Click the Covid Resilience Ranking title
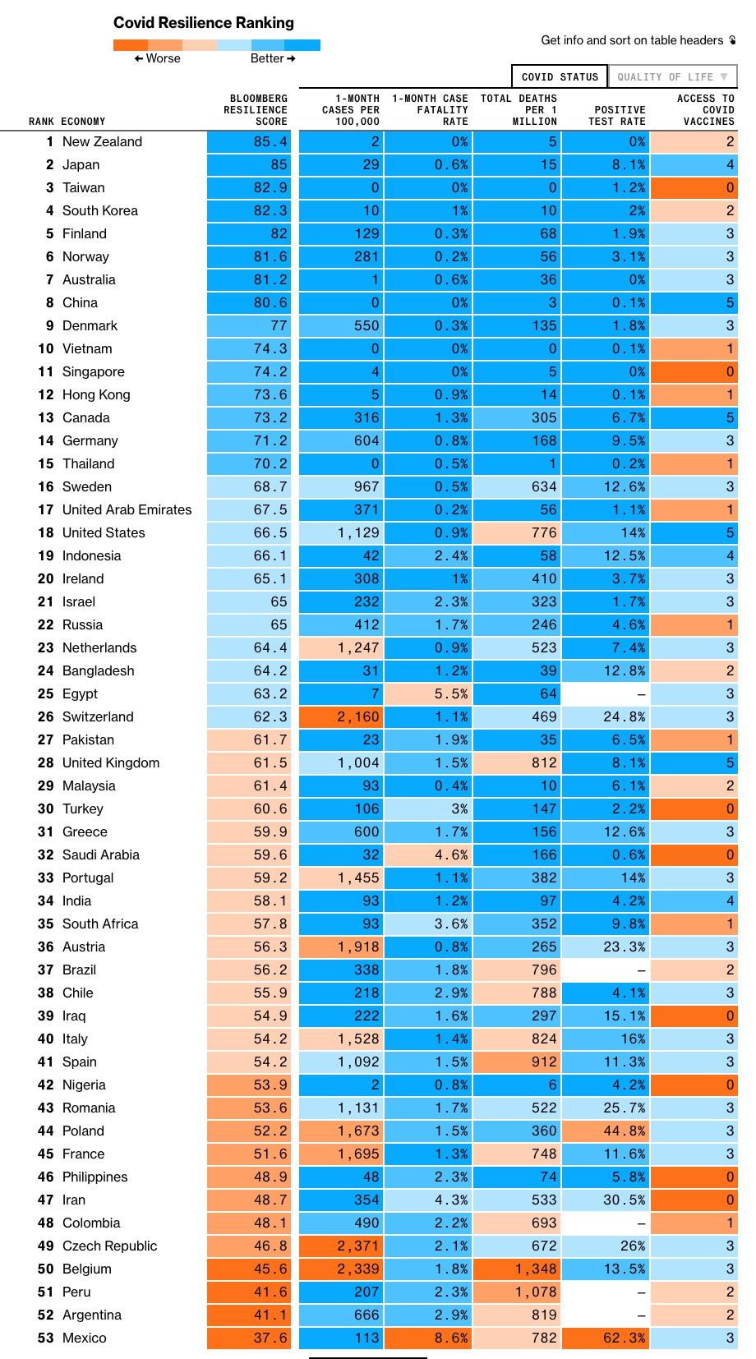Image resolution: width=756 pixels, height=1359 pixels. point(203,23)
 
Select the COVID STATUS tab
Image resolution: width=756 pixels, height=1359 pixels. point(560,77)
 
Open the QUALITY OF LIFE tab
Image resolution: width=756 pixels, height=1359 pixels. point(672,77)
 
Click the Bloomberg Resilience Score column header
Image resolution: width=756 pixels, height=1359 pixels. point(256,110)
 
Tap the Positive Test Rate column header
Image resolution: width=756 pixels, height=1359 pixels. point(616,115)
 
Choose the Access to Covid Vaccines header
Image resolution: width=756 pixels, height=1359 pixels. point(706,110)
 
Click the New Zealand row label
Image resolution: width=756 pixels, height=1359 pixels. point(102,142)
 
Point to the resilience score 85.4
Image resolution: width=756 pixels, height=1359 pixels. point(249,142)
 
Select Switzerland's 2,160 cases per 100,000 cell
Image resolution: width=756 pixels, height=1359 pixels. point(342,717)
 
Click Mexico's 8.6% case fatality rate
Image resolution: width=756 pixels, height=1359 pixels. point(428,1338)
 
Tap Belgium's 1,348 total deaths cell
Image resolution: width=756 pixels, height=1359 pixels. point(517,1269)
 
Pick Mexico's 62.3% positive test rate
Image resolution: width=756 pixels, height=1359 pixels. point(606,1338)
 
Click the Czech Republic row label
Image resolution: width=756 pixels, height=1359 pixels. point(109,1246)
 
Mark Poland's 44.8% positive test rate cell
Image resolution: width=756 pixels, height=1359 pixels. point(606,1131)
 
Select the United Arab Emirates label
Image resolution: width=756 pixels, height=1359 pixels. point(127,509)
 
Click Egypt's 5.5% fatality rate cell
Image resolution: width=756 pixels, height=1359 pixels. point(428,694)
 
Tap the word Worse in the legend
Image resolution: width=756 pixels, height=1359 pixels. point(164,58)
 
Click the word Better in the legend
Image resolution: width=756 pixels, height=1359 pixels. point(267,58)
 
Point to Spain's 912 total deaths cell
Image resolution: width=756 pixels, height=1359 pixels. point(517,1062)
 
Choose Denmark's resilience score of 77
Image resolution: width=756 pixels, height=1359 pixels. point(249,326)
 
